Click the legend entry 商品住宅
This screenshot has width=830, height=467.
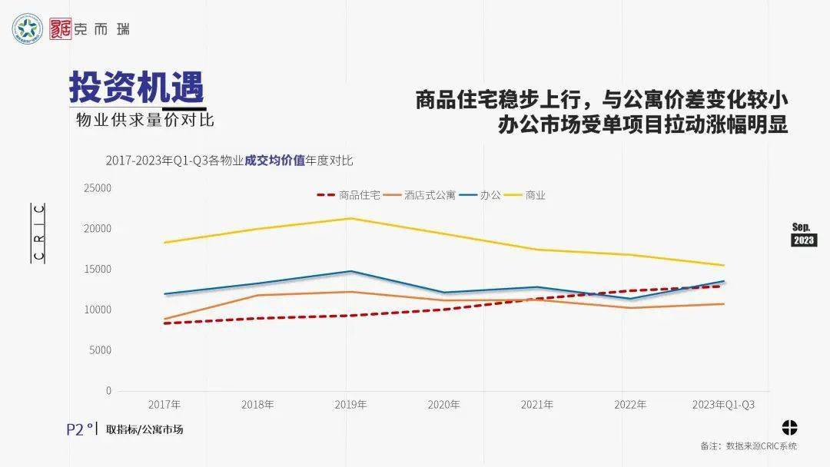click(x=359, y=195)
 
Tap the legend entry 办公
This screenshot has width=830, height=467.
click(x=490, y=195)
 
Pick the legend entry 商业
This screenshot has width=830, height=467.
click(x=535, y=195)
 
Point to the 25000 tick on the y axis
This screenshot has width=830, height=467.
click(x=98, y=188)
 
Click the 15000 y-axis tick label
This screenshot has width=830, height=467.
click(x=98, y=270)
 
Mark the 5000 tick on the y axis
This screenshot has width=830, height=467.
click(x=100, y=350)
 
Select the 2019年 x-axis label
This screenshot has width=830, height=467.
click(x=350, y=405)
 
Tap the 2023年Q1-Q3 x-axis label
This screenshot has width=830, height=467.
click(x=723, y=405)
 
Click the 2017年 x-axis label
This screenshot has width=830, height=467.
click(x=164, y=405)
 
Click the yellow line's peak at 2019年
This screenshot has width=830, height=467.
click(x=350, y=218)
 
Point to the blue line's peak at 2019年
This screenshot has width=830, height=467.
click(x=350, y=271)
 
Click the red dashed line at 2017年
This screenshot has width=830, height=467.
click(x=164, y=323)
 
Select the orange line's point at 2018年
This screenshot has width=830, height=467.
click(x=257, y=295)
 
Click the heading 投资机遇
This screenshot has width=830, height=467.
click(x=136, y=87)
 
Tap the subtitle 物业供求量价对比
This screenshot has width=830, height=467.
click(x=144, y=121)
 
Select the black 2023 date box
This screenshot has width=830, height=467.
click(x=804, y=240)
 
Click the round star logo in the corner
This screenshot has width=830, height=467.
click(x=28, y=30)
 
